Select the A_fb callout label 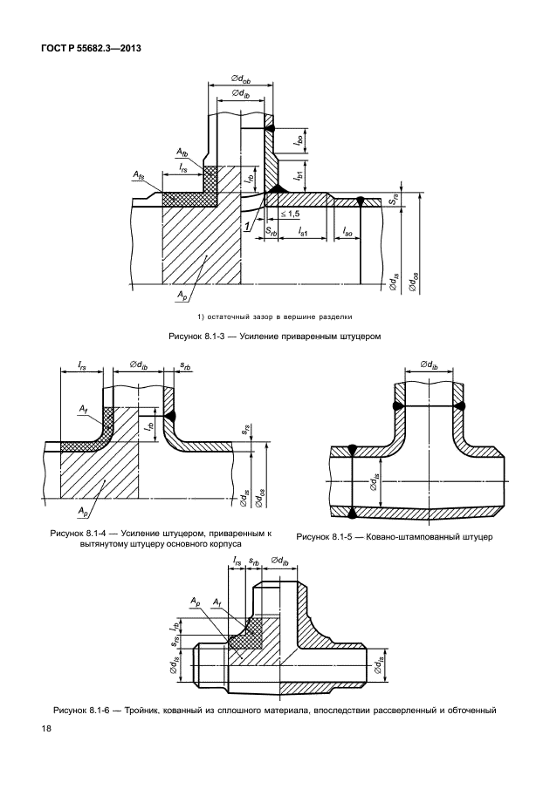click(x=182, y=151)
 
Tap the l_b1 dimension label click(x=299, y=174)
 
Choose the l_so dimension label click(x=347, y=230)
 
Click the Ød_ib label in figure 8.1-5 click(x=430, y=364)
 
